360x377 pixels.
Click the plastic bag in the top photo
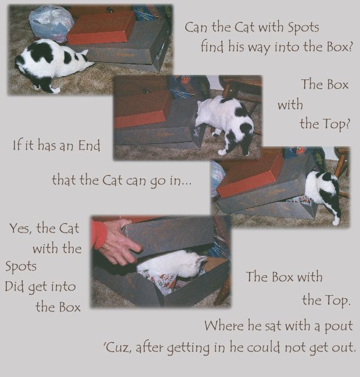[51, 23]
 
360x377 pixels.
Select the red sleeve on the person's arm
[99, 234]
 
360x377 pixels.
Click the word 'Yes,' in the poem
[21, 229]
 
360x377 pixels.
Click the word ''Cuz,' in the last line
[117, 347]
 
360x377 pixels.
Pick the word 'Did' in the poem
[15, 286]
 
